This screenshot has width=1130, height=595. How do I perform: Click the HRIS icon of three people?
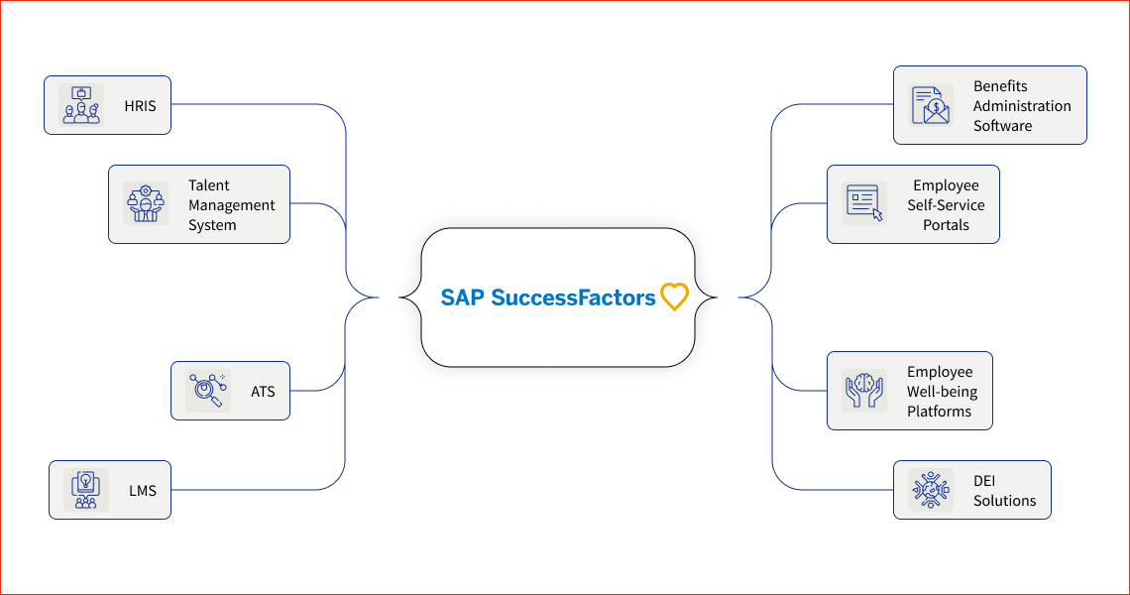81,105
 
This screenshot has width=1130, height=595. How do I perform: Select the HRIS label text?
140,106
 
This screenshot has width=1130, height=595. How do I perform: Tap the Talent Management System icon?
146,204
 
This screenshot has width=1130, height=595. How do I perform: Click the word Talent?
208,185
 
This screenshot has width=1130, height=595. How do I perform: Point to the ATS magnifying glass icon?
208,391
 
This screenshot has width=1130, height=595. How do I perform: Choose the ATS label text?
263,392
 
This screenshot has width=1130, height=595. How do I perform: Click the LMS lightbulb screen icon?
86,490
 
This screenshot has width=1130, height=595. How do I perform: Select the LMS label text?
142,491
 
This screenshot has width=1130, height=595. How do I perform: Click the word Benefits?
1000,86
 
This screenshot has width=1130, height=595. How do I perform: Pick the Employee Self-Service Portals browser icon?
864,203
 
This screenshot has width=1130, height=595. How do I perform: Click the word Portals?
945,225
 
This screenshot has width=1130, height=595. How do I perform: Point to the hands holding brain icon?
864,391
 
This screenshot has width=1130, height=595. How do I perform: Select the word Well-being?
942,392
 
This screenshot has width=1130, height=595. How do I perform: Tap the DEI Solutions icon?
931,490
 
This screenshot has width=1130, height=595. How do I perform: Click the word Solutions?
1004,501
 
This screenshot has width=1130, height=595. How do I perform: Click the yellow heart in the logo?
674,297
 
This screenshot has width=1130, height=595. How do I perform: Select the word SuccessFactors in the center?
573,297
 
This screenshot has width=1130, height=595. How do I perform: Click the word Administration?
1022,106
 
